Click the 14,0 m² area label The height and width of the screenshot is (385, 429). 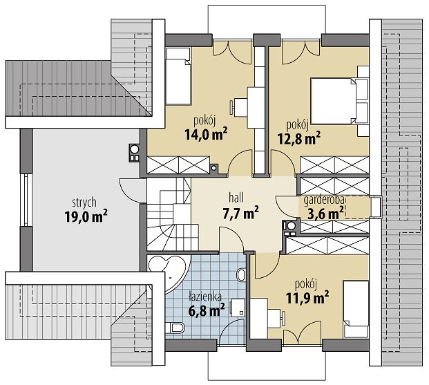coord(206,134)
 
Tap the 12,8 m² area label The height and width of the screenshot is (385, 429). coord(299,138)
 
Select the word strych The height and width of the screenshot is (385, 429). coord(84,203)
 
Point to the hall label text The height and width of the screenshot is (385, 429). coord(236,198)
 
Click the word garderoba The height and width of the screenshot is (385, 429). coord(324,200)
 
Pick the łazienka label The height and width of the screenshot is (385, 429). coord(205,297)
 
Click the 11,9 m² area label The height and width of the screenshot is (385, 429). coord(307,298)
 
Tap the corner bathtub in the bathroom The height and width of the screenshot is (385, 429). coord(169,273)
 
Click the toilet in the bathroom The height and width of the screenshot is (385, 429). coord(175,328)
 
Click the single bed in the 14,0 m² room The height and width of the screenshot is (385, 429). coord(178,76)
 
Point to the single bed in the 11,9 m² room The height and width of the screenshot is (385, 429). coord(356,309)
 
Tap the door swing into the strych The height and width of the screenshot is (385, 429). coord(132,191)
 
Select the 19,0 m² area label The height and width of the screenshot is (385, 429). coord(86,216)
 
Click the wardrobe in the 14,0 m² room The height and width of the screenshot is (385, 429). coord(178,165)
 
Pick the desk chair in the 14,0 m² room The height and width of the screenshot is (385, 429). coord(233,107)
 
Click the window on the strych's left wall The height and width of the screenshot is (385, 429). coord(26,200)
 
